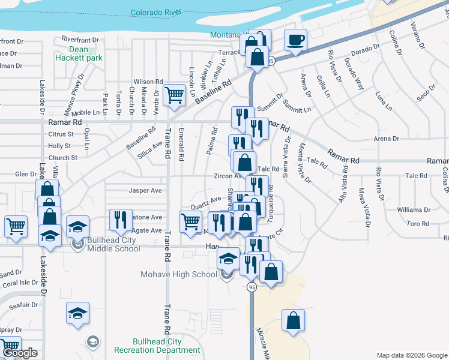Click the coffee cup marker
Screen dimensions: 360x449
pyautogui.click(x=295, y=40)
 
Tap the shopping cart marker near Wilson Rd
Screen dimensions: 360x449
pyautogui.click(x=174, y=94)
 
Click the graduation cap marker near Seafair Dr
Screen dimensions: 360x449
pyautogui.click(x=77, y=314)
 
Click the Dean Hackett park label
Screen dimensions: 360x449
pyautogui.click(x=78, y=54)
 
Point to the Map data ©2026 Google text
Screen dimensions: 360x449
pyautogui.click(x=411, y=355)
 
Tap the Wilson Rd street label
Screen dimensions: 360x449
pyautogui.click(x=148, y=81)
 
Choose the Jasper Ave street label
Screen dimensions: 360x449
pyautogui.click(x=146, y=190)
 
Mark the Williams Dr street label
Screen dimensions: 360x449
pyautogui.click(x=414, y=209)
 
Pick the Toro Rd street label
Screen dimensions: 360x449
pyautogui.click(x=417, y=223)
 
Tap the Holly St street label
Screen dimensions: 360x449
pyautogui.click(x=59, y=146)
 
